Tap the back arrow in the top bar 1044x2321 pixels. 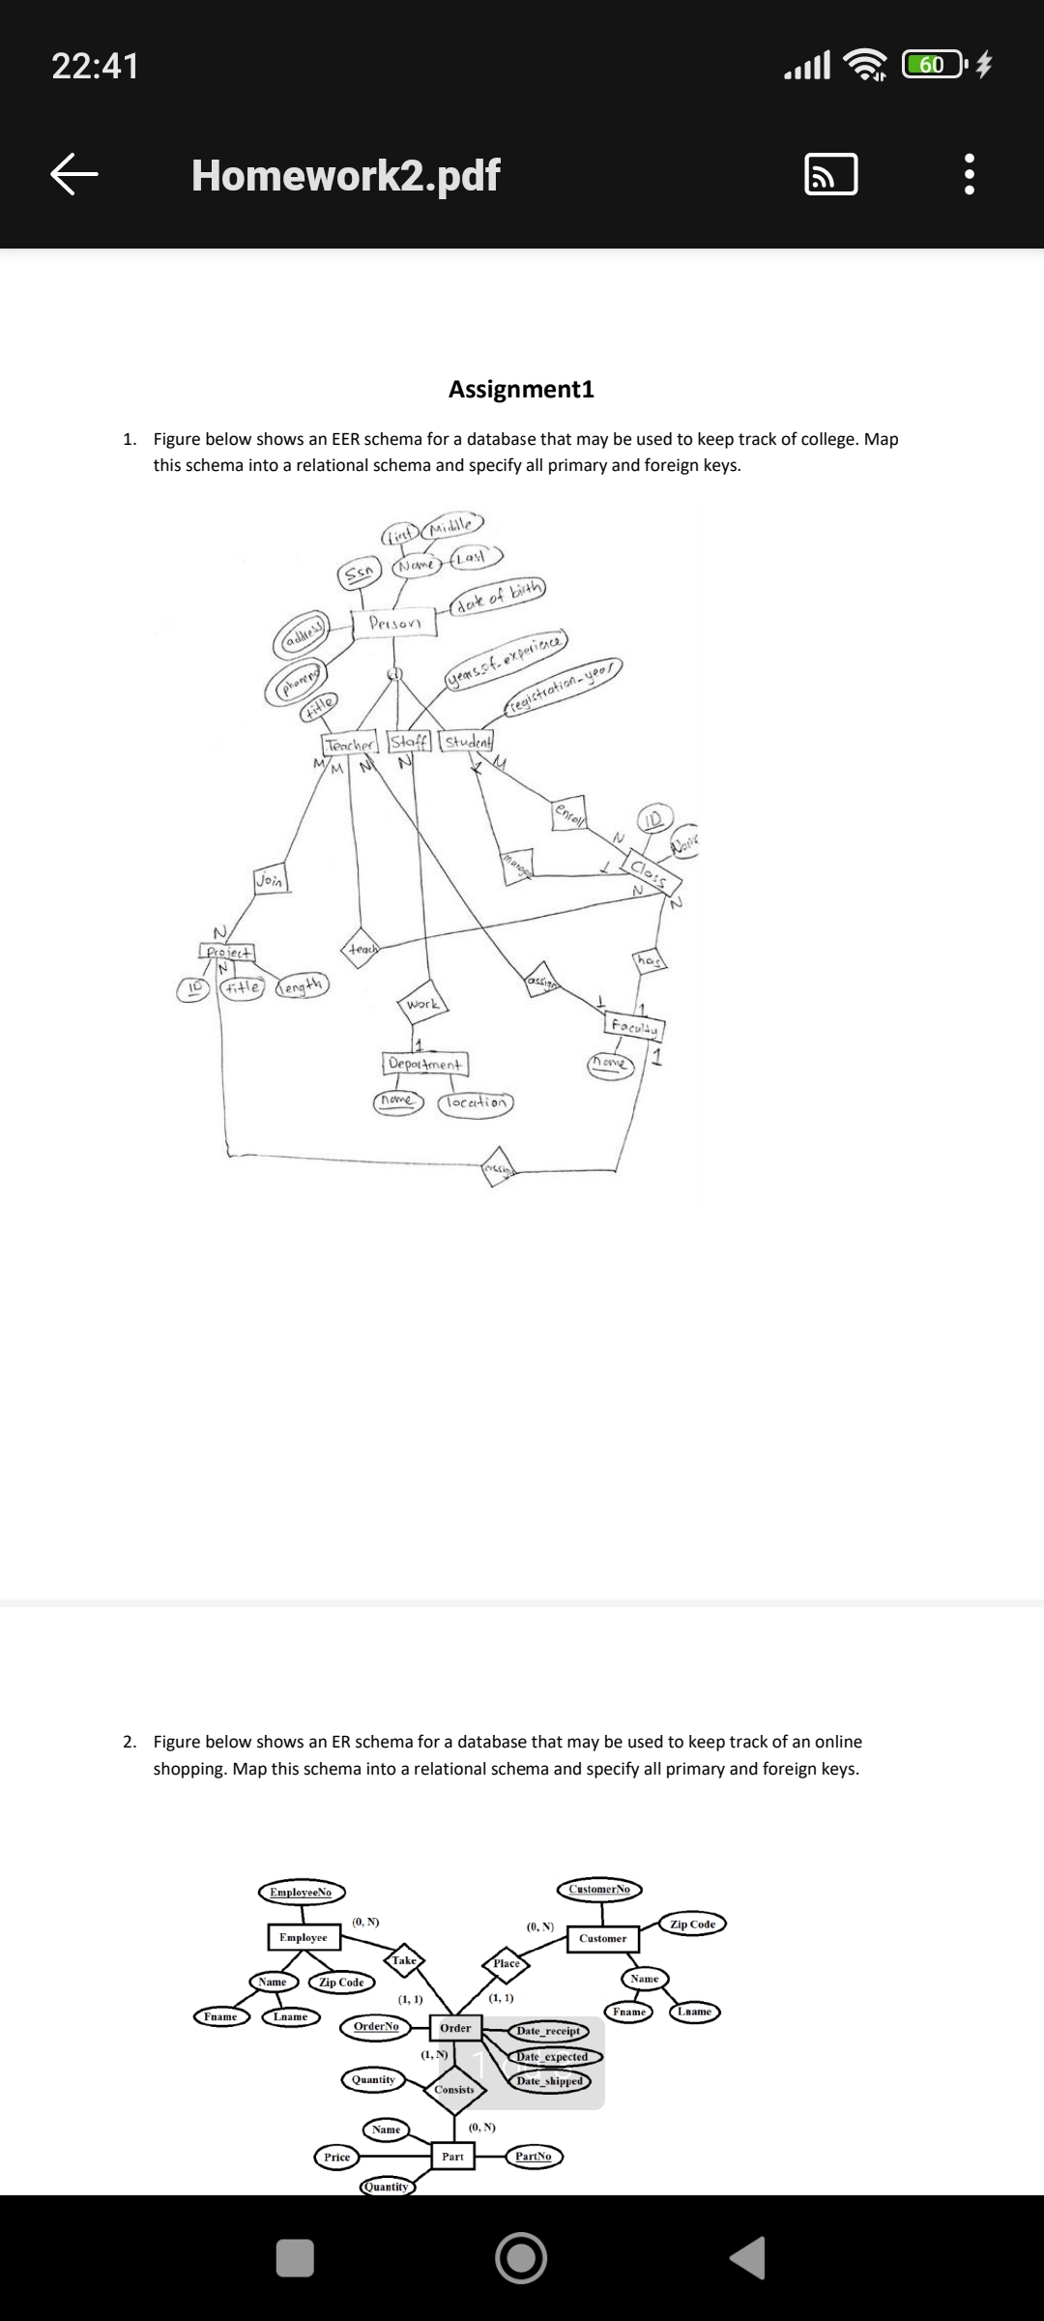click(x=74, y=175)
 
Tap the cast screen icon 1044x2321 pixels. click(x=830, y=175)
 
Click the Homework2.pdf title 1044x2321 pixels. click(x=345, y=175)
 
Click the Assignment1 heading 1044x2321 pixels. click(x=521, y=389)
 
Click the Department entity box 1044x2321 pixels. click(x=425, y=1064)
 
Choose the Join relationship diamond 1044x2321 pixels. click(x=270, y=880)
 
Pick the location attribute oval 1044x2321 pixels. click(x=478, y=1102)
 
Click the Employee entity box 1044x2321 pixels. click(x=304, y=1937)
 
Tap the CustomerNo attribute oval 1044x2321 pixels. click(x=599, y=1889)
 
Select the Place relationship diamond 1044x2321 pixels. click(x=507, y=1963)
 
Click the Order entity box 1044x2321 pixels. click(x=455, y=2028)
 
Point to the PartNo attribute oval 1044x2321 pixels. click(x=534, y=2156)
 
